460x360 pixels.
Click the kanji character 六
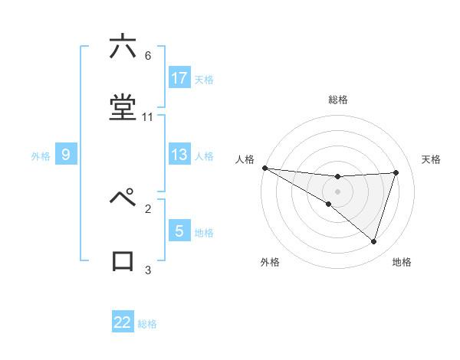(x=123, y=47)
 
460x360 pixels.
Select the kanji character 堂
(x=123, y=108)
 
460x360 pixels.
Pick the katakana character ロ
(x=123, y=260)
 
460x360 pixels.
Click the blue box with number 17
(x=179, y=77)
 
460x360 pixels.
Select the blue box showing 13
(x=179, y=155)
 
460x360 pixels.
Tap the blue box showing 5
(x=179, y=231)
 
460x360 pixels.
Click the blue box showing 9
(x=66, y=155)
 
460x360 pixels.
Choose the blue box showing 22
(x=123, y=322)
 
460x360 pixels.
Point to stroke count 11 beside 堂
(x=148, y=117)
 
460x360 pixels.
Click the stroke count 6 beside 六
(x=148, y=56)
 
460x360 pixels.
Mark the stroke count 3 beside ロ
(x=148, y=270)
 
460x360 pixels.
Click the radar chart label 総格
(x=338, y=100)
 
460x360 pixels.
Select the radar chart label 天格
(x=432, y=159)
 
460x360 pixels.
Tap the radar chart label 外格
(x=270, y=262)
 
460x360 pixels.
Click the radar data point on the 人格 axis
(x=264, y=167)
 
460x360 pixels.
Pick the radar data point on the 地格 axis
(x=374, y=241)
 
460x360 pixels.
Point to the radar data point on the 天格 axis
(x=396, y=172)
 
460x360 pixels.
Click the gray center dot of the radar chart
(x=337, y=191)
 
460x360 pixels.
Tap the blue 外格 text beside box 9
(x=41, y=155)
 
